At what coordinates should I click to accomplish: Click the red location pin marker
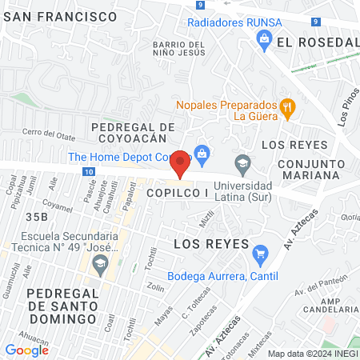(181, 163)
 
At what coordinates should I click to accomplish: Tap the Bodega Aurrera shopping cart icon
(259, 256)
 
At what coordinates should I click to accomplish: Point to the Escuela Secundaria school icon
(100, 262)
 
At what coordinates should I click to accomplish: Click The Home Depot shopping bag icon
(202, 152)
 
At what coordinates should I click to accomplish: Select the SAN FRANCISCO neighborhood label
(60, 16)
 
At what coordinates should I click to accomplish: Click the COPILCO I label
(176, 194)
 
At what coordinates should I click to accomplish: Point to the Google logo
(26, 350)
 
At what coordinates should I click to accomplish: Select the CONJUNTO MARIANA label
(313, 168)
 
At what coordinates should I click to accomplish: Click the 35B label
(37, 217)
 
